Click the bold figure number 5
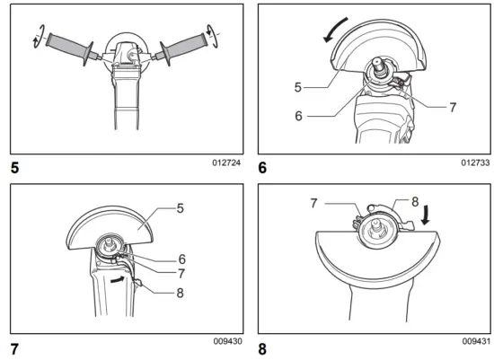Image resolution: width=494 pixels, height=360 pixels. coord(13,167)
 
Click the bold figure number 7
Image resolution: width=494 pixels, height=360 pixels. coord(13,347)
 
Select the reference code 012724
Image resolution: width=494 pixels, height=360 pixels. coord(227,163)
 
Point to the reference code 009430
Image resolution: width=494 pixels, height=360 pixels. coord(227,342)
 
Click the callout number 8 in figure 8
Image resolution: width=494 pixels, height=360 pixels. coord(414,202)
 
